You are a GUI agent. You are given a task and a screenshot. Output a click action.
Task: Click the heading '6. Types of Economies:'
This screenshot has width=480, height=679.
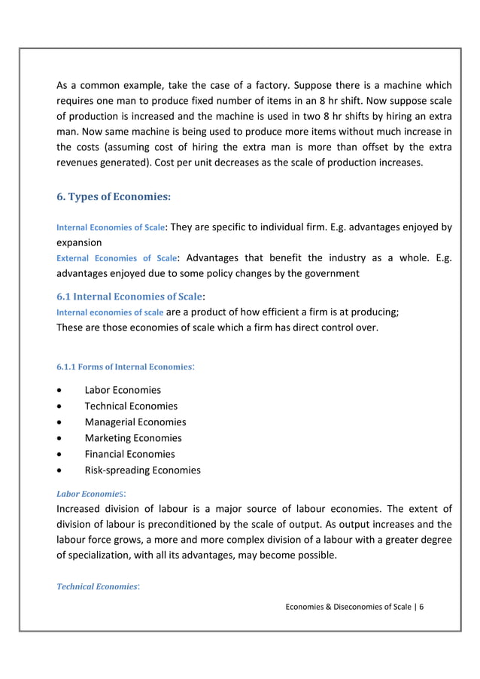pyautogui.click(x=114, y=197)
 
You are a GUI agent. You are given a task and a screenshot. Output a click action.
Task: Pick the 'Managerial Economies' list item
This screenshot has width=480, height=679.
pyautogui.click(x=135, y=422)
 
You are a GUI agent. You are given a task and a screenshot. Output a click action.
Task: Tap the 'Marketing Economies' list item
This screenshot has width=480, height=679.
pyautogui.click(x=133, y=437)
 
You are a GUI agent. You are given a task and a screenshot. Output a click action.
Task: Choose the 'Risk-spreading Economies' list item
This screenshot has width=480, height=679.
pyautogui.click(x=143, y=470)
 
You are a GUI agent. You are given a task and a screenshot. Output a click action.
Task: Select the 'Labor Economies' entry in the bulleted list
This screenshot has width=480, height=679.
pyautogui.click(x=123, y=390)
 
